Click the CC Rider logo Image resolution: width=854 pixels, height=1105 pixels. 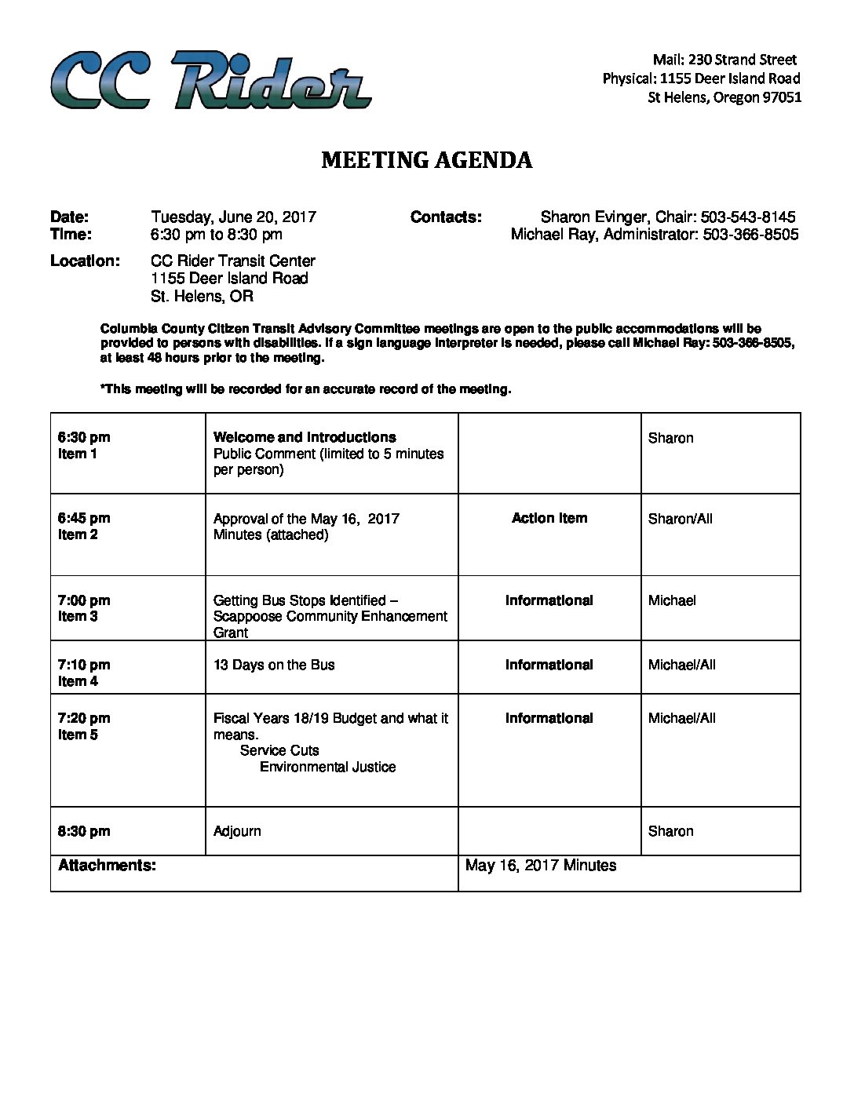[x=210, y=80]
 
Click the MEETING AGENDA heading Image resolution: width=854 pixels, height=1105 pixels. [x=427, y=160]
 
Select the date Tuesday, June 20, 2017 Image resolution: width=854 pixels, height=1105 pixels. [x=233, y=217]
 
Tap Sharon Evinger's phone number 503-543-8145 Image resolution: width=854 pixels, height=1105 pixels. [x=748, y=217]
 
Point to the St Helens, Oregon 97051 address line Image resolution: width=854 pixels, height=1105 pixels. [x=724, y=97]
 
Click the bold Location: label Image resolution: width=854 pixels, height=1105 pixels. [x=85, y=261]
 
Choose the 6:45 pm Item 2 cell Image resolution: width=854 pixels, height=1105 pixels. [x=84, y=526]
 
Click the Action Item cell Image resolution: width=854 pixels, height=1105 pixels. [x=549, y=518]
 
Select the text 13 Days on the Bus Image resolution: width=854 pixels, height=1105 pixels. [x=274, y=665]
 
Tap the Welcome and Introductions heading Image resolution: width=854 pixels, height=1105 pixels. [x=305, y=437]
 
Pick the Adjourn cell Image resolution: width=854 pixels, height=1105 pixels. [x=237, y=831]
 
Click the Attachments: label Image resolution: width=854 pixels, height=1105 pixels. [x=107, y=866]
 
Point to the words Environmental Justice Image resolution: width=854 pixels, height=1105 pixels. [x=327, y=767]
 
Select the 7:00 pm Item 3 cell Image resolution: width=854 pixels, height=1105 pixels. [x=84, y=608]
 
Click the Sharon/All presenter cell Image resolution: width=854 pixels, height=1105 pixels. [x=680, y=519]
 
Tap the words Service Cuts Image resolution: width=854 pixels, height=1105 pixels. [x=279, y=750]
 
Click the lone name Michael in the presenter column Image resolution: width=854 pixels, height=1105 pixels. [x=672, y=600]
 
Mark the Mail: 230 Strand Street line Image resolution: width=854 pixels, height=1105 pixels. [x=724, y=60]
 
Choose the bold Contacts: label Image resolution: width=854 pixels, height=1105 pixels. [x=446, y=217]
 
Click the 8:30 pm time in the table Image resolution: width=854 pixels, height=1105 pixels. [x=84, y=831]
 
